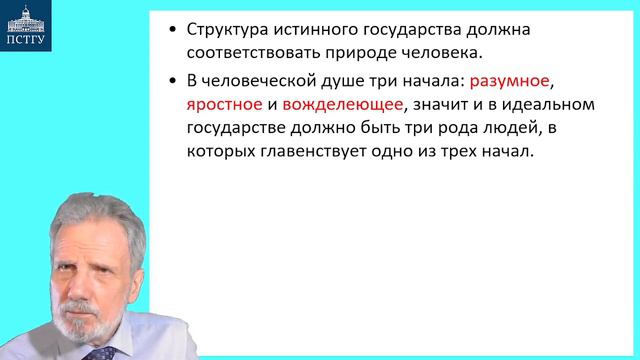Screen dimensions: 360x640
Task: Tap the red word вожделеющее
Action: click(339, 105)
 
